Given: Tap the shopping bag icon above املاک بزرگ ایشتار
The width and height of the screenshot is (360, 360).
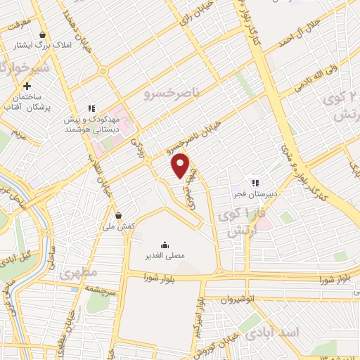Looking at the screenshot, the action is pos(43,34).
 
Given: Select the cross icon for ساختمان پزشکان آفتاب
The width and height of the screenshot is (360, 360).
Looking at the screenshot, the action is pos(27,86).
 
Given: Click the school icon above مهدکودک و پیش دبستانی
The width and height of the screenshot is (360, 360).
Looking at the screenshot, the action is pos(91,108).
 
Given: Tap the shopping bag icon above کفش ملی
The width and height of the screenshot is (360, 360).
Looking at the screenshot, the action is pos(118,215).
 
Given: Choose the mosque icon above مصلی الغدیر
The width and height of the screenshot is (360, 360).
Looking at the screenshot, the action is pos(165,244).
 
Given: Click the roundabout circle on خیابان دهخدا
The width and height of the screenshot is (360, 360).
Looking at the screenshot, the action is pos(103,71).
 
